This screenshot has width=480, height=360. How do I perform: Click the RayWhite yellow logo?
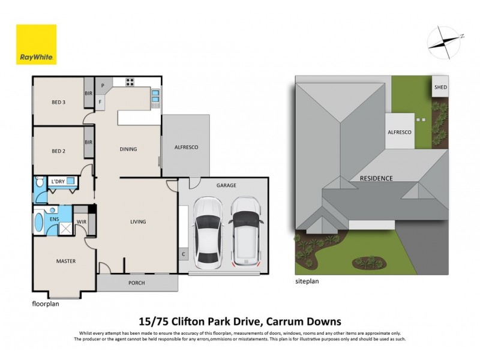click(x=36, y=44)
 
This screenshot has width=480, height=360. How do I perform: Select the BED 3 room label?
click(x=58, y=102)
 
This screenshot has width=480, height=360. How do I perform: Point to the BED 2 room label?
click(x=58, y=151)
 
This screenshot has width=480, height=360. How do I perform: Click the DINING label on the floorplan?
click(x=128, y=149)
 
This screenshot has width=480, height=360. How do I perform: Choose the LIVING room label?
click(x=138, y=222)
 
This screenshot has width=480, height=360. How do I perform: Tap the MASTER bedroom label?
click(x=65, y=261)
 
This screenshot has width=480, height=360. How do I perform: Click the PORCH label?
click(x=137, y=283)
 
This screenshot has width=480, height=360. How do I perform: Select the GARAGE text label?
click(x=226, y=186)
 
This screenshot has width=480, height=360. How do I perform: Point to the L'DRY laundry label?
click(x=58, y=181)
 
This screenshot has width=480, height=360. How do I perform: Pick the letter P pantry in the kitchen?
click(x=103, y=85)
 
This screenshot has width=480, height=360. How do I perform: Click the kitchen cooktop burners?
click(x=130, y=82)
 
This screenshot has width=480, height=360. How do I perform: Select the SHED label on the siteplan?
click(x=440, y=88)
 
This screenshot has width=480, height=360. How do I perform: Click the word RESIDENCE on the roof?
click(x=376, y=178)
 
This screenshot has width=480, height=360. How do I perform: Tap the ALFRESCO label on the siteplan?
click(x=399, y=132)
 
